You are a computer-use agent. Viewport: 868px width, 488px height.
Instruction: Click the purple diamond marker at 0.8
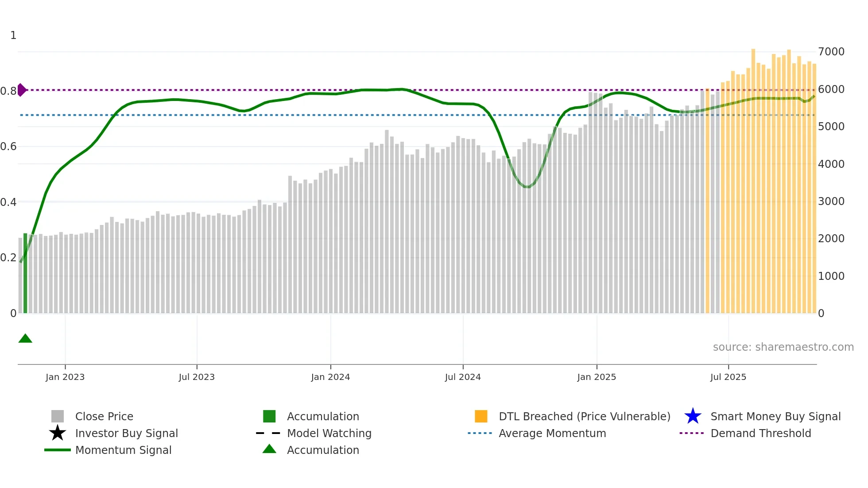coord(22,90)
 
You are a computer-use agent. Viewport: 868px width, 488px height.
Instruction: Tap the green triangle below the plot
coord(25,339)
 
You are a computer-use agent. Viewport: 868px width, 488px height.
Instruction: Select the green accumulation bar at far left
coord(25,273)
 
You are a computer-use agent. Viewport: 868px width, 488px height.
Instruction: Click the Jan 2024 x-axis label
coord(330,377)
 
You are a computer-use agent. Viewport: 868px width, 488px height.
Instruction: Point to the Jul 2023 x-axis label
coord(197,377)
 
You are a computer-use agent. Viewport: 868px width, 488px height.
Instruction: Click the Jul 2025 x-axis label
coord(728,377)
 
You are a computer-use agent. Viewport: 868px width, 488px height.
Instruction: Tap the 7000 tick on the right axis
coord(831,52)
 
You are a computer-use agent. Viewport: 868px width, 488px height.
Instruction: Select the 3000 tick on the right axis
coord(831,201)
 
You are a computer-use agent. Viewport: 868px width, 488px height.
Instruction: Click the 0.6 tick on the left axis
coord(8,147)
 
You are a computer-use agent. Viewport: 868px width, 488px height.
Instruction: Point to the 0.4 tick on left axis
coord(8,202)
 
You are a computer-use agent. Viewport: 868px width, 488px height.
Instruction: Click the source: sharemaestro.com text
coord(783,347)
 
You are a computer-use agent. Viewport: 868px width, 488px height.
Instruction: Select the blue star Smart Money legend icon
coord(693,416)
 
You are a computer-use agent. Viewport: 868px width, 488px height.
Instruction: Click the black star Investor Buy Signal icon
coord(58,433)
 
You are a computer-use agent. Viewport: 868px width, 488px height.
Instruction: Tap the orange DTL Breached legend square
coord(481,416)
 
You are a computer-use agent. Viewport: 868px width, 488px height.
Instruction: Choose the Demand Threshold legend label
coord(760,433)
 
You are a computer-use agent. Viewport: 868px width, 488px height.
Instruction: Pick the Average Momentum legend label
coord(552,433)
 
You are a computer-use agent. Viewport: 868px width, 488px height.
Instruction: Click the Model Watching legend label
coord(329,433)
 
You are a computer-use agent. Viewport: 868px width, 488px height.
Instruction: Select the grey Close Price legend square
coord(58,416)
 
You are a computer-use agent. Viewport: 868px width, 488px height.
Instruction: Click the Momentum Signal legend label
coord(123,450)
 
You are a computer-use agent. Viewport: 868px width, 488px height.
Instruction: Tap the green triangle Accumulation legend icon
coord(269,449)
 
